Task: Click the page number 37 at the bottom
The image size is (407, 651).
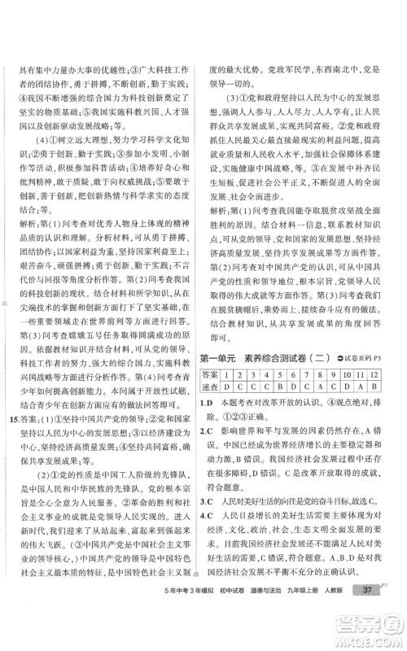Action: (369, 612)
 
